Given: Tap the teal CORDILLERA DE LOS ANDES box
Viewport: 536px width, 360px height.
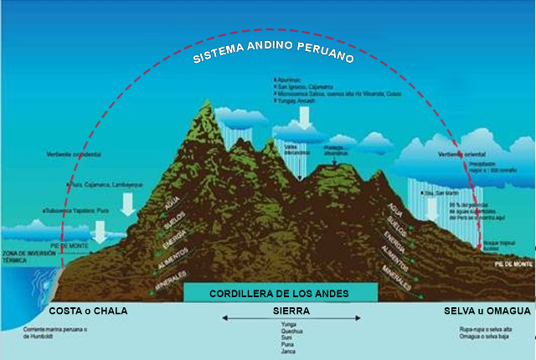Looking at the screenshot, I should tap(280, 294).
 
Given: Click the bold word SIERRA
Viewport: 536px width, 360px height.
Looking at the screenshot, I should tap(291, 310).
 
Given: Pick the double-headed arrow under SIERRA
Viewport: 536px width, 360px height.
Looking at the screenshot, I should tap(291, 319).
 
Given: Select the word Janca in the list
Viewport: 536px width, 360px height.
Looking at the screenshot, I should tap(290, 352).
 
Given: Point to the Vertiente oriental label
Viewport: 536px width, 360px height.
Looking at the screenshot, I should tap(461, 155).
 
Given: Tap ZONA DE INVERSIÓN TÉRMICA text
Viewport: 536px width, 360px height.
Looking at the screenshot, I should tap(24, 256).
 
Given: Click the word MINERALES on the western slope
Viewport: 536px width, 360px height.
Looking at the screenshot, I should tap(170, 285).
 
